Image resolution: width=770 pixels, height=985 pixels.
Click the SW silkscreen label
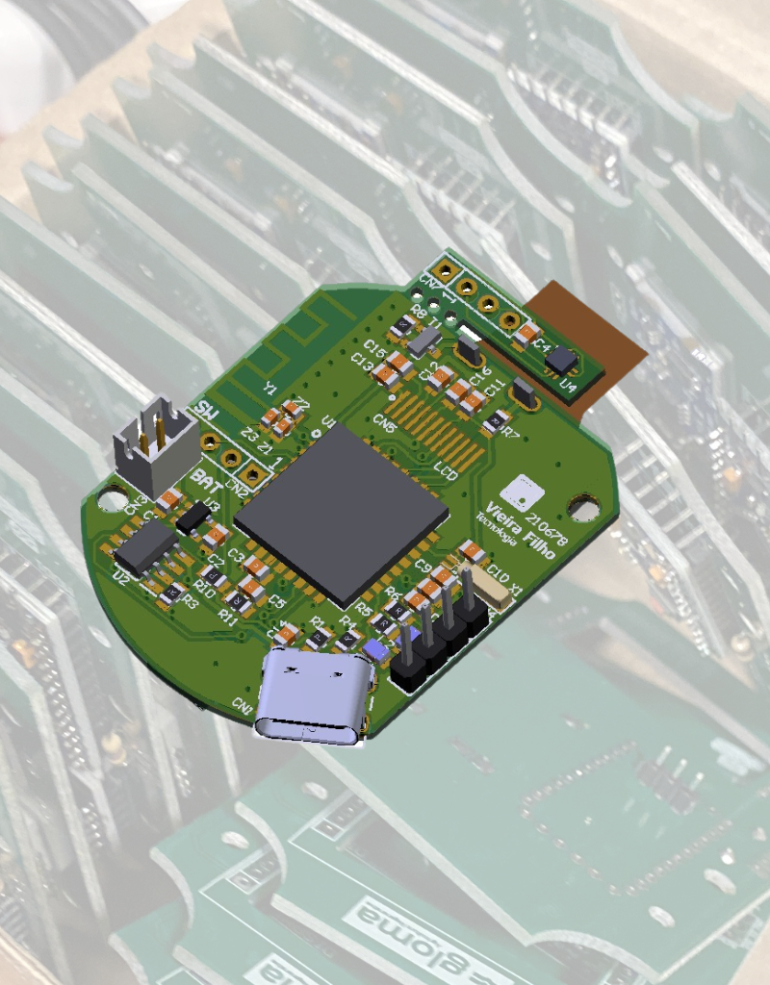pyautogui.click(x=204, y=411)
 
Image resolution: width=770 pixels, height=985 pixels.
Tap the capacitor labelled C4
pyautogui.click(x=527, y=334)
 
